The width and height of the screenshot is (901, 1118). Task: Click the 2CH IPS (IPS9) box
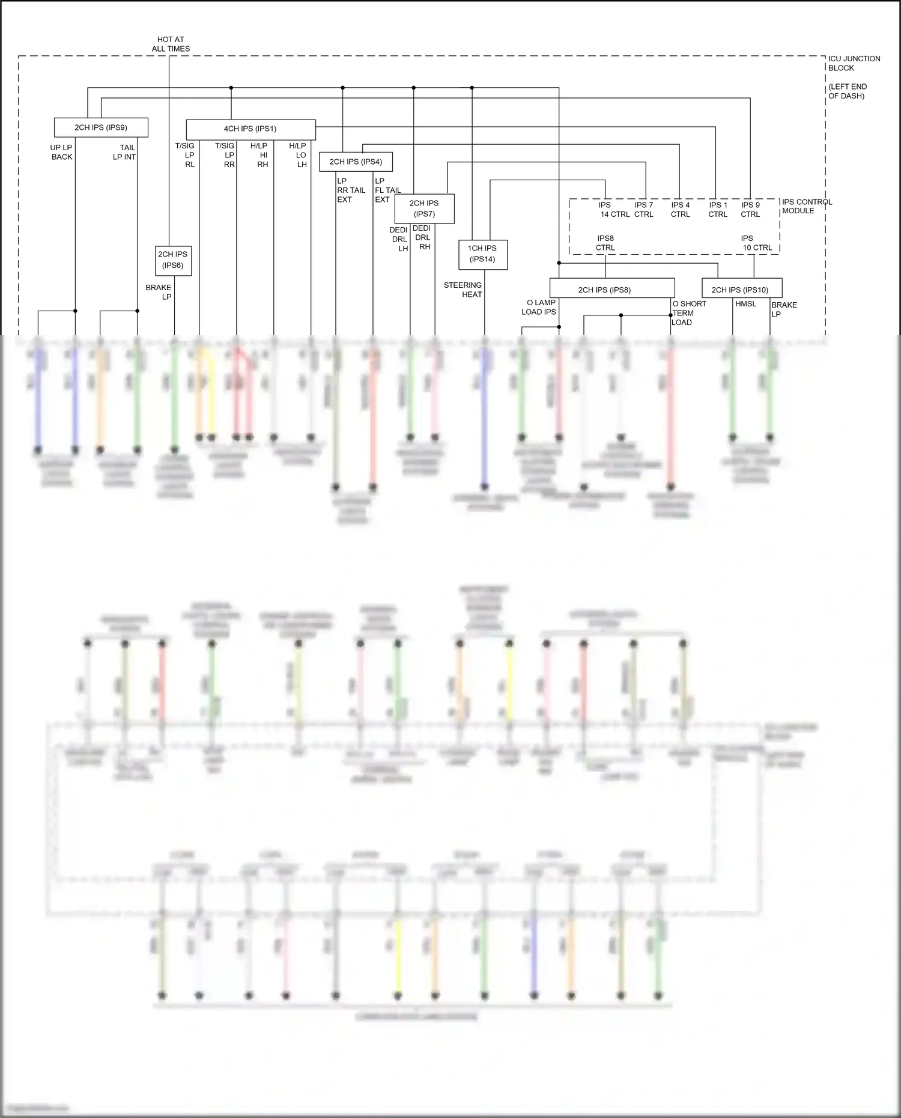click(101, 127)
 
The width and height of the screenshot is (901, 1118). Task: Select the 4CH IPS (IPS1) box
click(250, 129)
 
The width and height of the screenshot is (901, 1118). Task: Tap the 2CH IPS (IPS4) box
click(356, 162)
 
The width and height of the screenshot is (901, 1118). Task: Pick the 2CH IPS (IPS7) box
click(424, 208)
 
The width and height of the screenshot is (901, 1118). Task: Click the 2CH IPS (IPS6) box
click(173, 260)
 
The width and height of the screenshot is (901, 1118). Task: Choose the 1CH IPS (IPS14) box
click(482, 254)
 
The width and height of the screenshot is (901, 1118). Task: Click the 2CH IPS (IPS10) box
click(741, 290)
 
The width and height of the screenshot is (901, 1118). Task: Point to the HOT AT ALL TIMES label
click(171, 44)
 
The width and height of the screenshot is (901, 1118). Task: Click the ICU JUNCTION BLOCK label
click(854, 63)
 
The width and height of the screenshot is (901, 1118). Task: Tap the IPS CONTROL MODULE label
click(807, 206)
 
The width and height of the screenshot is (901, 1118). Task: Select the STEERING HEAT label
click(463, 290)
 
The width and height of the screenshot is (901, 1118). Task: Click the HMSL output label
click(745, 304)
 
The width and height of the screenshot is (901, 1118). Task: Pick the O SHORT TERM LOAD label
click(688, 313)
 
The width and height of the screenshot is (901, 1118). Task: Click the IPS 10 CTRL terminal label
click(756, 243)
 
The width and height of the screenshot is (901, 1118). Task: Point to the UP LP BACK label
click(61, 152)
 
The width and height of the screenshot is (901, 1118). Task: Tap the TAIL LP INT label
click(125, 152)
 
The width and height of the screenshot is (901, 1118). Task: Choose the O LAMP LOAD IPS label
click(539, 307)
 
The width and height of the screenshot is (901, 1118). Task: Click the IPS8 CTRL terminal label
click(605, 243)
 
